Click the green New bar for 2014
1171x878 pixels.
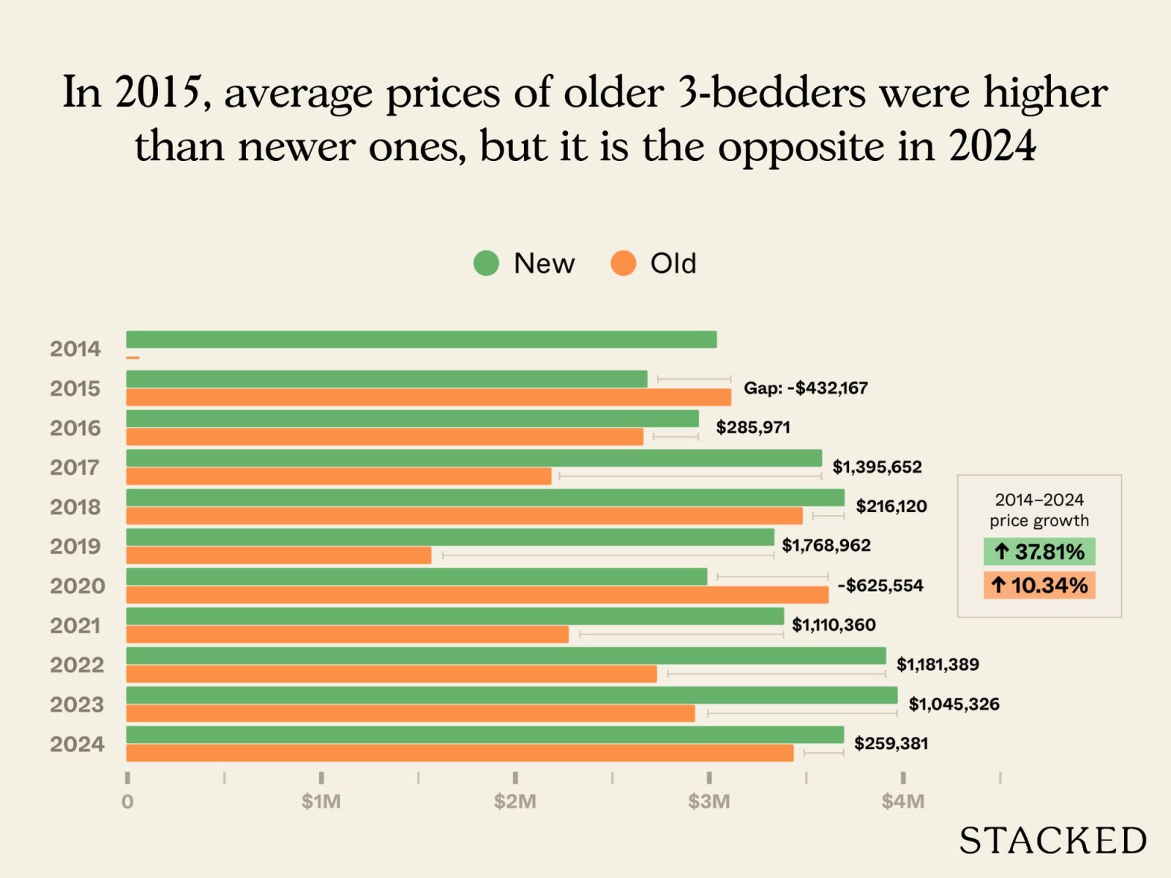pos(421,339)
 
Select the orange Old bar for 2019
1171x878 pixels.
pos(278,555)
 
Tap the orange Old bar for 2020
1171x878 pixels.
pos(476,595)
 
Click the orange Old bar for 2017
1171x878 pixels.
pos(338,476)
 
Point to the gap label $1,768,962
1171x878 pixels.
pos(826,546)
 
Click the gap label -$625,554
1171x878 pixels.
pos(880,585)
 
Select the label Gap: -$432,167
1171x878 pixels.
pos(805,388)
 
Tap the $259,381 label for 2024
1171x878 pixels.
pos(891,743)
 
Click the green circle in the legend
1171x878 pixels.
pos(486,263)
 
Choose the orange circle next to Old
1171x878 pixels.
pos(623,263)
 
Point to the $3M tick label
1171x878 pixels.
pos(708,802)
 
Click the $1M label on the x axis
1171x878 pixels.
pos(321,802)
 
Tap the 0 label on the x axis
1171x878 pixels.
pos(127,802)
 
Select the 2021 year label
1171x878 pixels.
pos(77,626)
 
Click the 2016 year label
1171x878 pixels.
pos(75,428)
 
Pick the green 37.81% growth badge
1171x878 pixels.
pos(1039,552)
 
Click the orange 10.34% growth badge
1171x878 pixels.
pos(1039,585)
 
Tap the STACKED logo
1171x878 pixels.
pos(1052,841)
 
